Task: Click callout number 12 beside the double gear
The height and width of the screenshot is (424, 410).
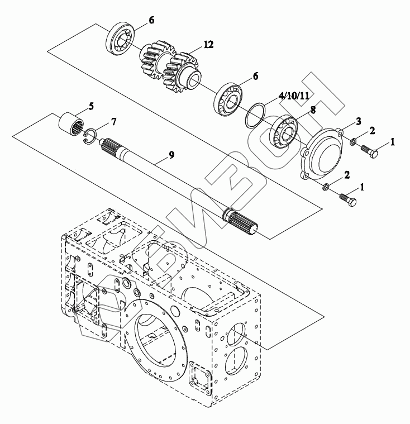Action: pos(208,44)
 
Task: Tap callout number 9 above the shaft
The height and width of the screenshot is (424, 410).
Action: pos(171,155)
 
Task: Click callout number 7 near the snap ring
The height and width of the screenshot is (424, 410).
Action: pos(113,121)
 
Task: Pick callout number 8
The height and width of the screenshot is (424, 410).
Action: pos(313,110)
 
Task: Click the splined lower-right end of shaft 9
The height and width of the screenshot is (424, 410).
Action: pos(243,220)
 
